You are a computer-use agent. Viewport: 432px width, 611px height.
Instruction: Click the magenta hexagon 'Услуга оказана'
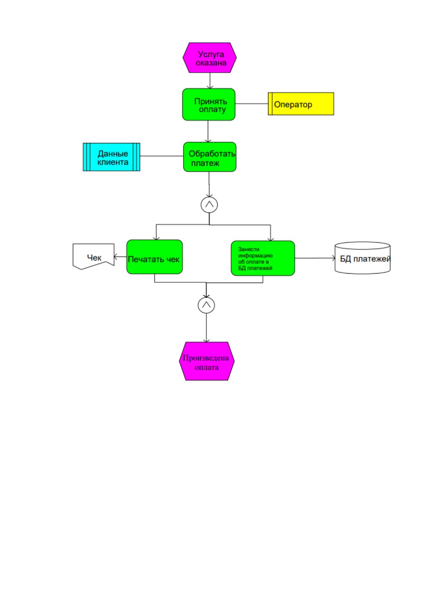pos(209,58)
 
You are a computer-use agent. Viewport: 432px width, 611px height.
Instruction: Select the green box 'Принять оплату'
pos(209,104)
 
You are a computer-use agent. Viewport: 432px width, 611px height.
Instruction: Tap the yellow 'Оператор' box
pos(301,104)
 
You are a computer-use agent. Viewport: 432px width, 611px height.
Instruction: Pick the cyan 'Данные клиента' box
pos(111,157)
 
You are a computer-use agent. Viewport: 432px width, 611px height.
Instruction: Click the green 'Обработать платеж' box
pos(209,157)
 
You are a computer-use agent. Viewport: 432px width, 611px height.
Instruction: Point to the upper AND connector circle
pos(209,205)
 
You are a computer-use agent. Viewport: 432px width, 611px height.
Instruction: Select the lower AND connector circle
pos(206,305)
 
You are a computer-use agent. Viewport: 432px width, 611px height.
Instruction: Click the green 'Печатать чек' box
pos(155,257)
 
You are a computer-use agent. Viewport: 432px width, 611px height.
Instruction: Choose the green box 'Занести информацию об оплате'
pos(263,258)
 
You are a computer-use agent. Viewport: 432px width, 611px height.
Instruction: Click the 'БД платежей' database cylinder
pos(362,258)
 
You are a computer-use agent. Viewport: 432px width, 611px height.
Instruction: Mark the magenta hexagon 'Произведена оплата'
pos(206,361)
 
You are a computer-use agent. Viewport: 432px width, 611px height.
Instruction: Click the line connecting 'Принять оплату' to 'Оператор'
pos(251,104)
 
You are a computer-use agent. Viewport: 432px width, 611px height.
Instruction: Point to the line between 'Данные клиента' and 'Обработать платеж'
pos(162,156)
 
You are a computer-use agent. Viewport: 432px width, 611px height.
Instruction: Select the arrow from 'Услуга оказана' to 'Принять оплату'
pos(210,81)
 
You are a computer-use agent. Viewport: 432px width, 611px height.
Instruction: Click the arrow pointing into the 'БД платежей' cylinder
pos(315,258)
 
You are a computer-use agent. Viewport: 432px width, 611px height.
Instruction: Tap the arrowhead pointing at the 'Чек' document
pos(115,257)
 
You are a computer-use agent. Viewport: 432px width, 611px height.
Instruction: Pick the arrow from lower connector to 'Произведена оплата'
pos(206,328)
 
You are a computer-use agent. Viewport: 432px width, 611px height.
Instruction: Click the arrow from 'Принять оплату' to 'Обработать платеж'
pos(208,131)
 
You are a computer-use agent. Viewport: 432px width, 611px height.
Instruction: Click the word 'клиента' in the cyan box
pos(113,162)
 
